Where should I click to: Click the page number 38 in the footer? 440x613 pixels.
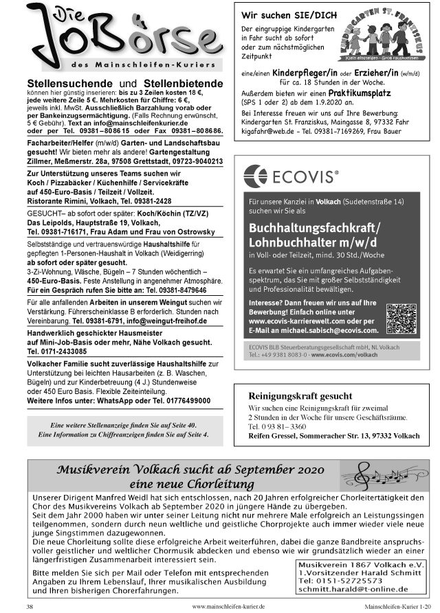point(30,607)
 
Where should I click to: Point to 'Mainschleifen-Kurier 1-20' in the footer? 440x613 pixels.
point(398,607)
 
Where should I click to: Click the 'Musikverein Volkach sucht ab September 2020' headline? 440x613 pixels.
point(190,471)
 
